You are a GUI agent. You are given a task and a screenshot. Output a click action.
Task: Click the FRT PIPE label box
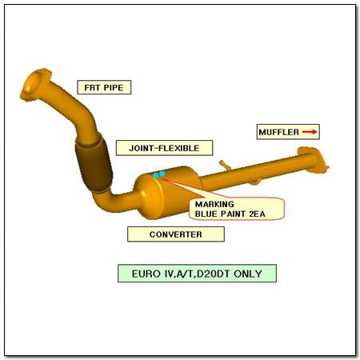click(x=104, y=87)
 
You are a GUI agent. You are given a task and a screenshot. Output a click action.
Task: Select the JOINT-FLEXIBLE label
click(x=164, y=148)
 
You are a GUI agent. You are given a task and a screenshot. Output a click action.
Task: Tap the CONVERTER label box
click(x=176, y=234)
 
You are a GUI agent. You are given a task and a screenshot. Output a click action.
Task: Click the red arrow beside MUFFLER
click(x=310, y=132)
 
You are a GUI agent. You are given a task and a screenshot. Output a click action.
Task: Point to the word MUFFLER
click(x=278, y=132)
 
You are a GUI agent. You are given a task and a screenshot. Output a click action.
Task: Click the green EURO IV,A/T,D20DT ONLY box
click(x=197, y=274)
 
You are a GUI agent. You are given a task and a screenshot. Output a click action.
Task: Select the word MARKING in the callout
click(x=214, y=204)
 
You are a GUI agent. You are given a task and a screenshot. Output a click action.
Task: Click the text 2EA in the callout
click(x=257, y=214)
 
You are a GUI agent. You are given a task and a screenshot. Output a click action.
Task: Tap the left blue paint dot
click(x=156, y=175)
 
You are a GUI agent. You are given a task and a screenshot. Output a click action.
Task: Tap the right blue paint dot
click(x=162, y=174)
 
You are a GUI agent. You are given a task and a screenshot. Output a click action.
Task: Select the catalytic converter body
click(x=167, y=192)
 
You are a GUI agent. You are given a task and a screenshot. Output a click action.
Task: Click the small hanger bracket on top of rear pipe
click(x=226, y=165)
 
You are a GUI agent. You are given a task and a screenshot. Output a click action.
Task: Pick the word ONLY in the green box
click(x=248, y=274)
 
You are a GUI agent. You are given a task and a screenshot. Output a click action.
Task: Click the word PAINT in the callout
click(x=234, y=214)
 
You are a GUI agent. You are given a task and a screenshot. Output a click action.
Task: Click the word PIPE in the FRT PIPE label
click(x=114, y=87)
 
